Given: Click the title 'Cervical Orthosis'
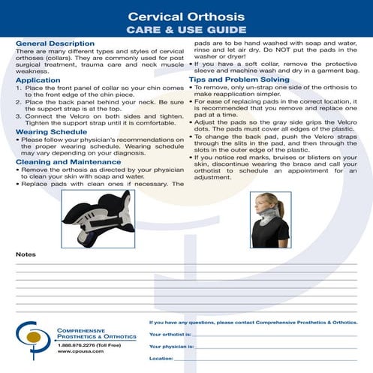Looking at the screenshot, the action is click(x=187, y=16).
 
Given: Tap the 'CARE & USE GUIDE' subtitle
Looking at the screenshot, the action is click(x=187, y=30).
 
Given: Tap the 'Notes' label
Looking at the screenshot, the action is click(x=25, y=254).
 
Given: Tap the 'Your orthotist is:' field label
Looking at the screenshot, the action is click(x=171, y=332).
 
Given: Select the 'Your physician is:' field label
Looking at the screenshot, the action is click(x=172, y=346).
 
